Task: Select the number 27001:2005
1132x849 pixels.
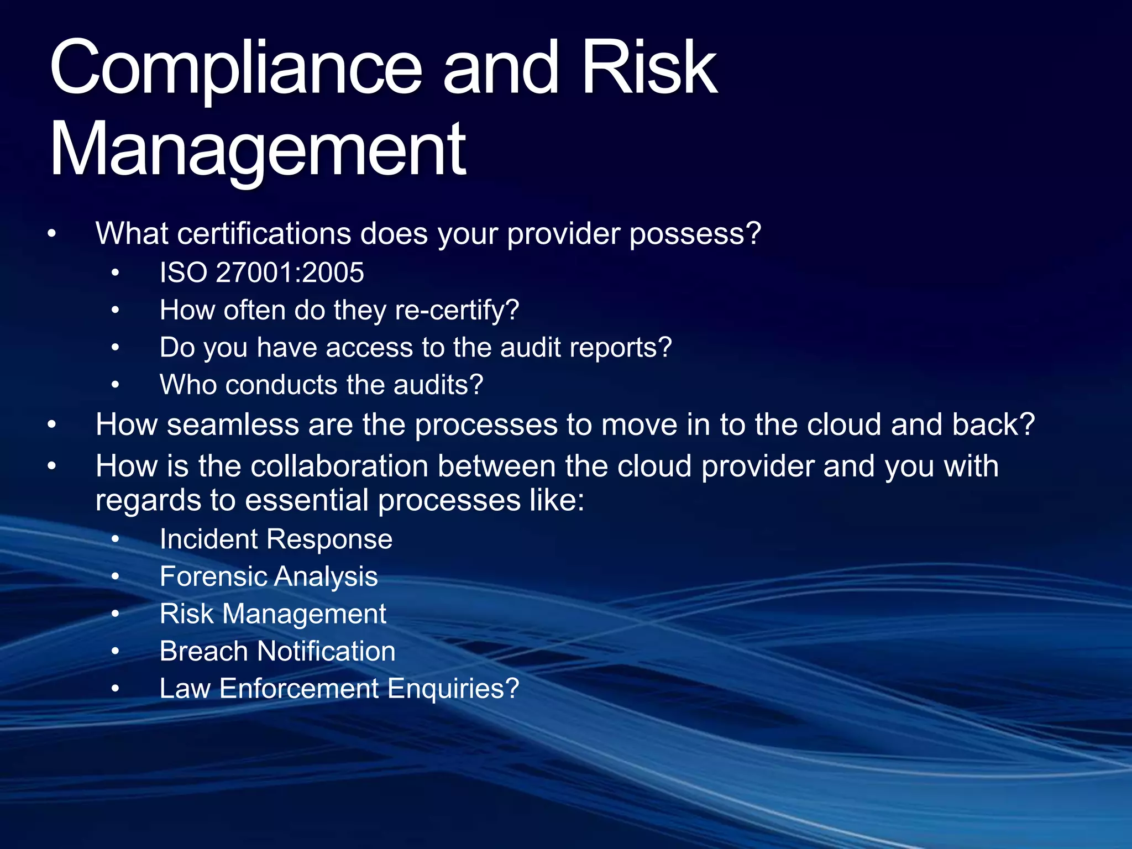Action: click(290, 272)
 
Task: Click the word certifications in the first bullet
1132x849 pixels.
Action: click(264, 234)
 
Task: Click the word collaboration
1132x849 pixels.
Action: click(339, 467)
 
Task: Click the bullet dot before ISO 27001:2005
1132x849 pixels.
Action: click(115, 273)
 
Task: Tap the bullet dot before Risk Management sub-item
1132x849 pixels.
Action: click(115, 614)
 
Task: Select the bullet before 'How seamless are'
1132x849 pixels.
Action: click(52, 425)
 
